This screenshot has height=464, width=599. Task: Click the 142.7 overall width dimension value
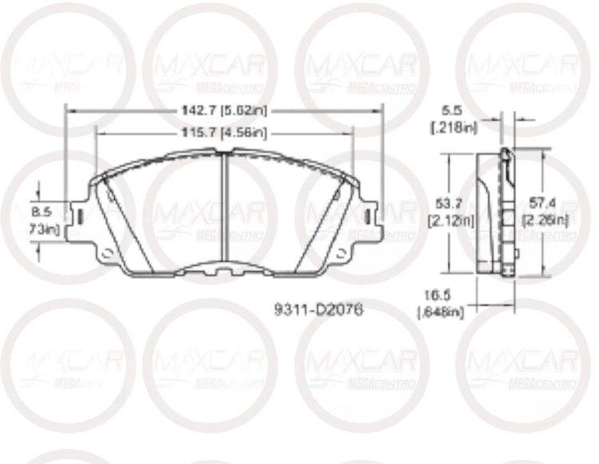coord(194,112)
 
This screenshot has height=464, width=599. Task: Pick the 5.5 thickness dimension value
coord(450,112)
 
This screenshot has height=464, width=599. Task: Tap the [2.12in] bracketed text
coord(451,220)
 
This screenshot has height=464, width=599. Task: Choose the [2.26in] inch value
coord(545,220)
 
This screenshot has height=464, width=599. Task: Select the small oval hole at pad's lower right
coord(339,253)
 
